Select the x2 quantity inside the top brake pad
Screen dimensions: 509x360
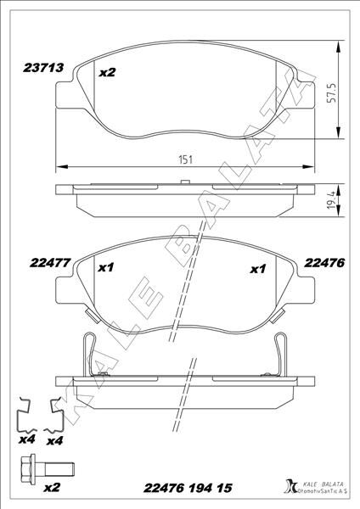click(x=107, y=73)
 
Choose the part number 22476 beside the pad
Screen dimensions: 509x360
click(x=324, y=264)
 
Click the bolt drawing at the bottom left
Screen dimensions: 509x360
click(x=44, y=467)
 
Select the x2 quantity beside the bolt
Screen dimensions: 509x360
click(x=51, y=489)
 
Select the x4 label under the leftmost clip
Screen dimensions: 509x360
click(x=26, y=441)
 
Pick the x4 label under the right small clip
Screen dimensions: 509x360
click(x=55, y=441)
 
